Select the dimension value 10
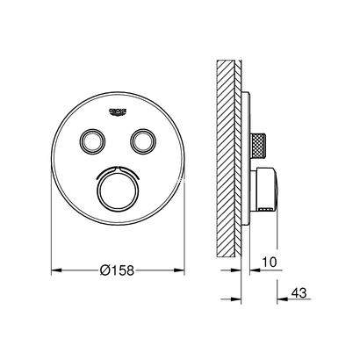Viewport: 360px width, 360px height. point(270,260)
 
